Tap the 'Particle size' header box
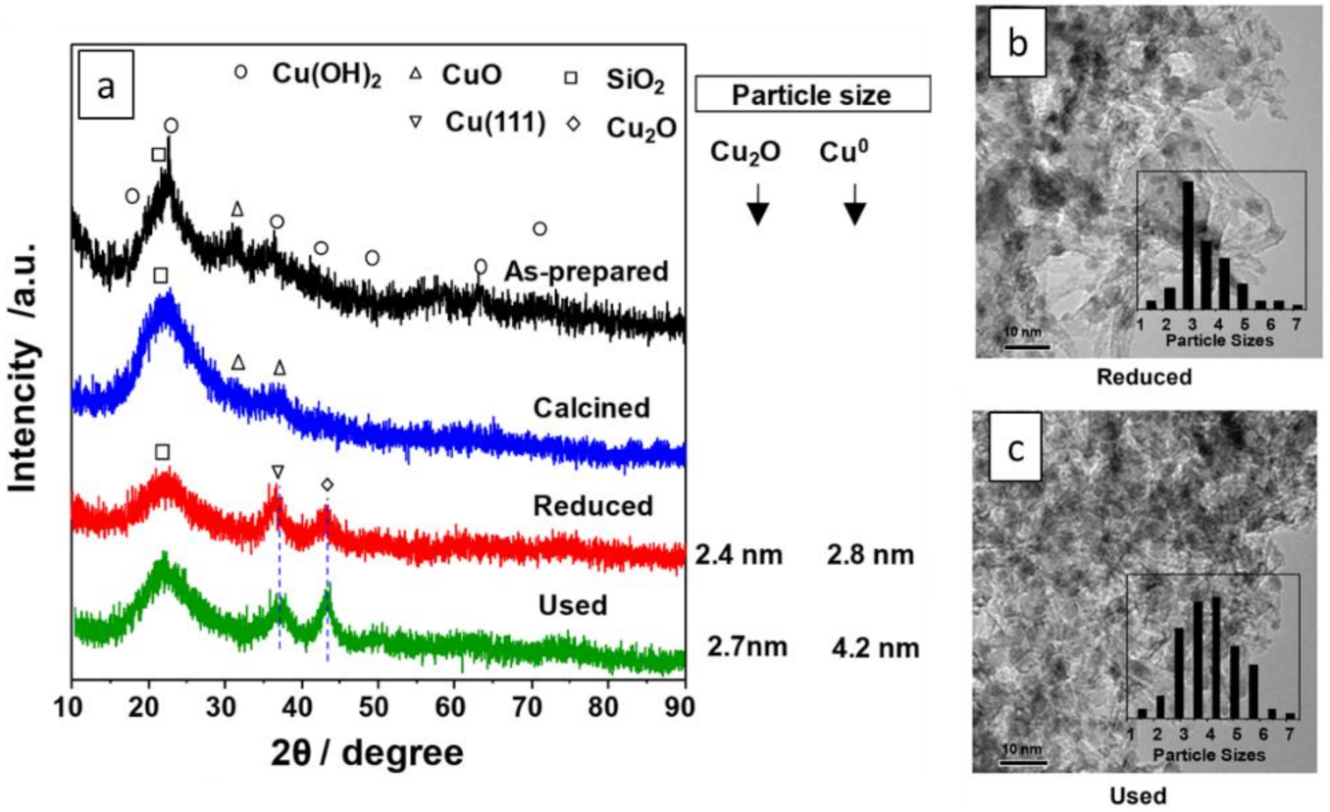811,96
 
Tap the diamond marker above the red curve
327,484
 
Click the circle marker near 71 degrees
538,228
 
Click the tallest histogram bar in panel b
1188,245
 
